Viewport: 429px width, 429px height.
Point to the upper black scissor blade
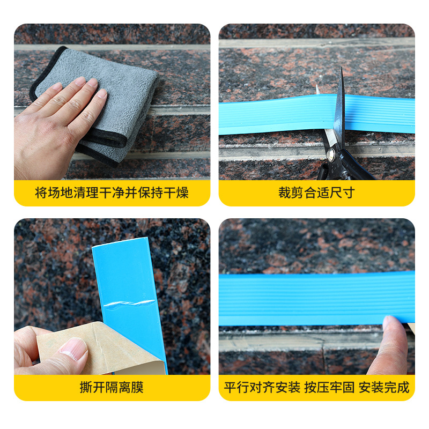339,104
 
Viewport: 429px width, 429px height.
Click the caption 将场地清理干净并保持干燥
112,193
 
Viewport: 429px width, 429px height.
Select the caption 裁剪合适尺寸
316,193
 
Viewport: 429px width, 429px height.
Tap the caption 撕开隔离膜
112,387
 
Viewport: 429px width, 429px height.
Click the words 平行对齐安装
262,387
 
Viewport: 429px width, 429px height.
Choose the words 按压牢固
329,387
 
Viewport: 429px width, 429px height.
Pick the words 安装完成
384,387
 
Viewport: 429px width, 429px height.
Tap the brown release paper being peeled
101,349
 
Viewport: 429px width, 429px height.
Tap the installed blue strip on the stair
316,298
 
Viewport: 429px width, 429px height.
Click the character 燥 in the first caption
182,193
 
